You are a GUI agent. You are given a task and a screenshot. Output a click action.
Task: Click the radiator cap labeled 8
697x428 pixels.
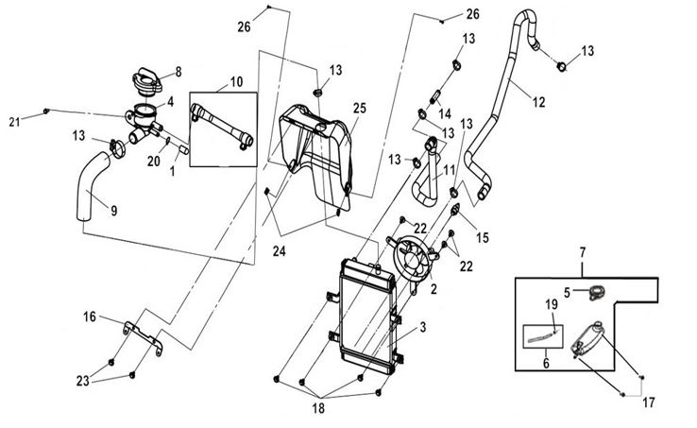click(x=147, y=82)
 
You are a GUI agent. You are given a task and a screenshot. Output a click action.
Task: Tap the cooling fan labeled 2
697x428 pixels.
click(x=412, y=260)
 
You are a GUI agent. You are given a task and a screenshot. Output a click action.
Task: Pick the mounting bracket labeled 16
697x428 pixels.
click(x=143, y=336)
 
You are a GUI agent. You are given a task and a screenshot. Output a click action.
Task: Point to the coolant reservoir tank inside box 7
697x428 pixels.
click(x=586, y=339)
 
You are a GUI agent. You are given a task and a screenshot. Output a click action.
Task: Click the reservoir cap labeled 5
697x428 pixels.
click(x=598, y=293)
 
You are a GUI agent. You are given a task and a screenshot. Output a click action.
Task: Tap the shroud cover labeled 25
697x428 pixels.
click(x=316, y=156)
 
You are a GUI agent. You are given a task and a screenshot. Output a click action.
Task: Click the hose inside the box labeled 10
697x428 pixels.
click(x=222, y=126)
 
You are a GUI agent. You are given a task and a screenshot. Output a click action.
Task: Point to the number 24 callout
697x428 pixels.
click(x=280, y=251)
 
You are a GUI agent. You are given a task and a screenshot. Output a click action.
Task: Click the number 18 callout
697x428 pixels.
click(x=318, y=408)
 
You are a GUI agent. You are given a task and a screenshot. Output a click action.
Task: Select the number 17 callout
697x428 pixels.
click(x=649, y=402)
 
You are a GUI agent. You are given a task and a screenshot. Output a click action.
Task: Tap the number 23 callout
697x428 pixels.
click(x=83, y=381)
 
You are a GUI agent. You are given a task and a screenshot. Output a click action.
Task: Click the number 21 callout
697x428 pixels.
click(x=14, y=122)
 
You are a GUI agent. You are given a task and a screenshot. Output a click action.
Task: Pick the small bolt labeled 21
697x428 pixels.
click(x=45, y=111)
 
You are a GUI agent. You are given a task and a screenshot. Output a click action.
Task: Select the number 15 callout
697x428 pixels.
click(x=483, y=237)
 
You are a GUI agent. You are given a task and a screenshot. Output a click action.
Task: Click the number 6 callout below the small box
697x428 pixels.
click(x=546, y=364)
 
